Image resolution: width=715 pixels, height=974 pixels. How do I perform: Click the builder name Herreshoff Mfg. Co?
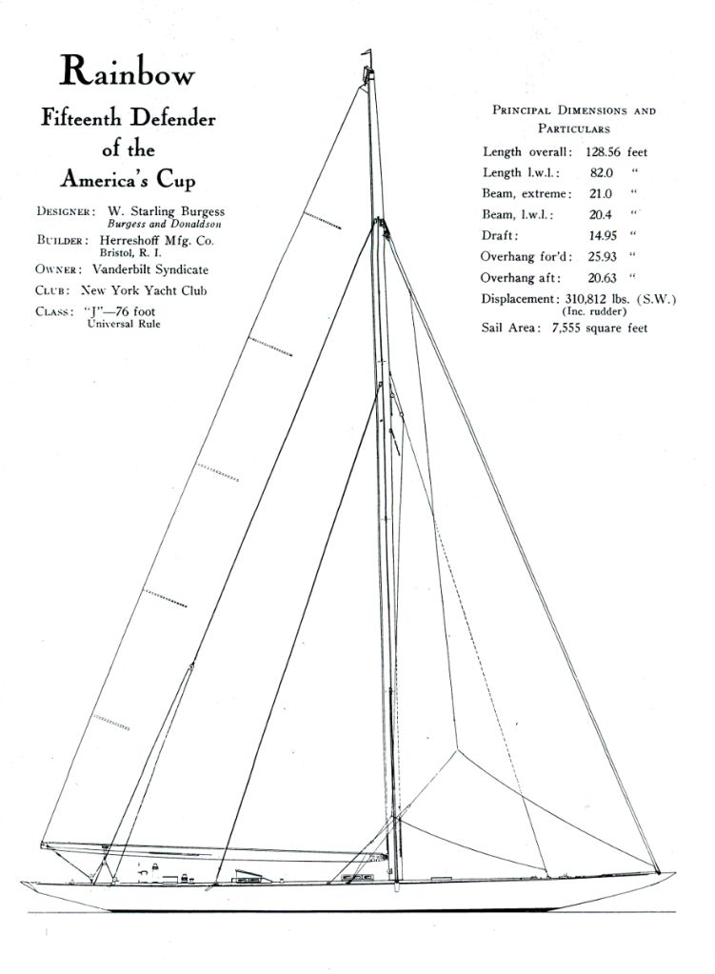click(156, 241)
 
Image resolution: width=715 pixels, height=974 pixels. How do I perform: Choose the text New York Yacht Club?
click(143, 290)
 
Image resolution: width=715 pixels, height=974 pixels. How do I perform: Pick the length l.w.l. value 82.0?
click(601, 172)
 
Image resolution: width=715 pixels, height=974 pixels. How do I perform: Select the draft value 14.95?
click(602, 235)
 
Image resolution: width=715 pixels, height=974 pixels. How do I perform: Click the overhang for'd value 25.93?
click(602, 256)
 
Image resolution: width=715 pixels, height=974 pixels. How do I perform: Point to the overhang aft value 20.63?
click(602, 277)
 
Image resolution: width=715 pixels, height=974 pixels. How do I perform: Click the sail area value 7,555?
click(563, 328)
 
